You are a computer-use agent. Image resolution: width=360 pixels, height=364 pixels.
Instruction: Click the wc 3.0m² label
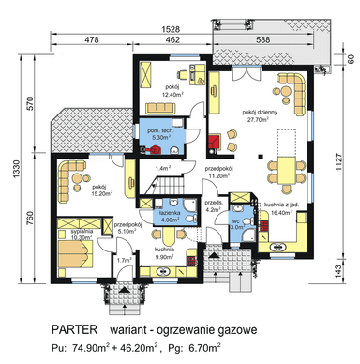click(x=237, y=223)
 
